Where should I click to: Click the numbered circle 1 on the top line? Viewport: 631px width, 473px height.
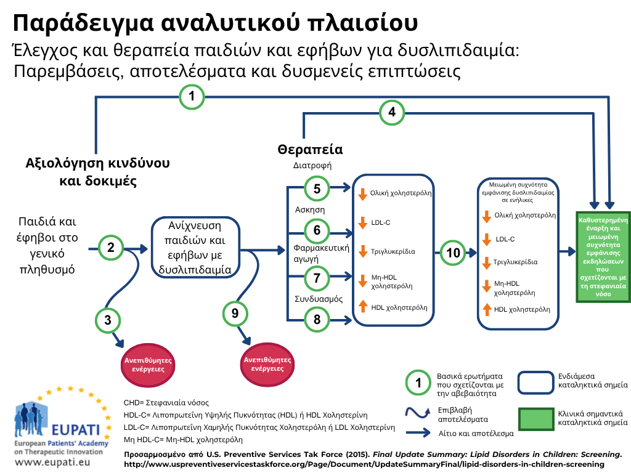(x=192, y=97)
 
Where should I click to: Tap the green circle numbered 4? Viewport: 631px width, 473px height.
(x=391, y=112)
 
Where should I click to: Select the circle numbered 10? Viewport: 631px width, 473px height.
(x=453, y=253)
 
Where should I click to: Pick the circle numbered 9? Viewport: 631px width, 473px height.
(x=235, y=313)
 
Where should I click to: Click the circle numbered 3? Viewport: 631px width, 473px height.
(x=108, y=320)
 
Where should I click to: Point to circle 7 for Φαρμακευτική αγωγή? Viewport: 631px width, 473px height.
(x=317, y=278)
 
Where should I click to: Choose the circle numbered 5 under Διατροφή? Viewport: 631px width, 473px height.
(x=317, y=188)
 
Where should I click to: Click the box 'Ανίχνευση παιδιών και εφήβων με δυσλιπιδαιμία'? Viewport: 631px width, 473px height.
(x=195, y=248)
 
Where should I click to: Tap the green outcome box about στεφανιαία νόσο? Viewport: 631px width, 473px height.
(x=603, y=257)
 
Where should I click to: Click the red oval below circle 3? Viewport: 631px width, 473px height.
(x=148, y=365)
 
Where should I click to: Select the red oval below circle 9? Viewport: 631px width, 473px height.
(x=267, y=365)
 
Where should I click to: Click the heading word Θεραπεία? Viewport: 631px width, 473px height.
(x=311, y=150)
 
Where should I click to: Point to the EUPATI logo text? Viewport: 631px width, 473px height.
(x=75, y=429)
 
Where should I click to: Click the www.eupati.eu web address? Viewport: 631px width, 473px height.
(x=52, y=462)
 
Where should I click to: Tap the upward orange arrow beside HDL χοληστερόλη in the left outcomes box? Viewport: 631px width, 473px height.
(x=363, y=306)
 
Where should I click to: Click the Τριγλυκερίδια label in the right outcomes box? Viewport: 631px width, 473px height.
(x=516, y=262)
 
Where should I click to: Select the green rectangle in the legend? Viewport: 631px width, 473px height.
(x=536, y=419)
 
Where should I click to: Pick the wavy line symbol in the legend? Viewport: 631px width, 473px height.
(x=418, y=413)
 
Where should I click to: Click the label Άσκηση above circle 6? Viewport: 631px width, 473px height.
(x=310, y=209)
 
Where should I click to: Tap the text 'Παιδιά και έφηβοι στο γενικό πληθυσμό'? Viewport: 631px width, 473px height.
(x=47, y=245)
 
